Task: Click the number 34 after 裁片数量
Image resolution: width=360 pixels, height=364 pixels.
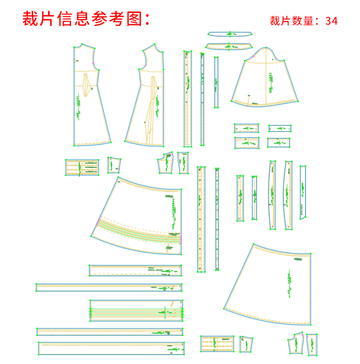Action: pyautogui.click(x=332, y=21)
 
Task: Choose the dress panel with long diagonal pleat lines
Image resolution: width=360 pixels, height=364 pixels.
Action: pyautogui.click(x=146, y=96)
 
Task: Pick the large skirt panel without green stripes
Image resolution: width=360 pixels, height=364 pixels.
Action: pyautogui.click(x=274, y=283)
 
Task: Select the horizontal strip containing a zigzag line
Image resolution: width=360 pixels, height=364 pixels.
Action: pyautogui.click(x=135, y=271)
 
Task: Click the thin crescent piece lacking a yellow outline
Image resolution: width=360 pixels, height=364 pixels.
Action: pyautogui.click(x=230, y=34)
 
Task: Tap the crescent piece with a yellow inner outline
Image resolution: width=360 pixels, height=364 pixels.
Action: pyautogui.click(x=229, y=46)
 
